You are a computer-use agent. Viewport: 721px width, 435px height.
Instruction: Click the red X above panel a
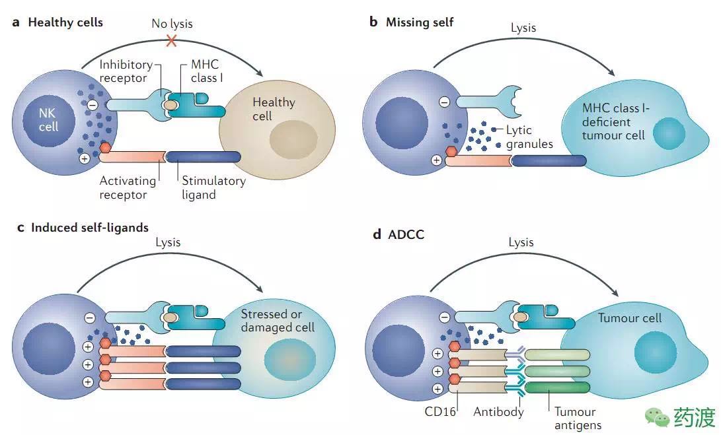click(x=172, y=41)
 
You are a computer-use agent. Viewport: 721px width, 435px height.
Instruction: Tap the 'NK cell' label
click(x=48, y=119)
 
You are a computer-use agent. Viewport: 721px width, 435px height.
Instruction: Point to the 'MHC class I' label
click(x=209, y=71)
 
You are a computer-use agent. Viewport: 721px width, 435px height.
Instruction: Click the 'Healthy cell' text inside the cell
click(x=273, y=109)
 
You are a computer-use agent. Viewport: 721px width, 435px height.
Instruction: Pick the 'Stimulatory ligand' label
click(x=213, y=187)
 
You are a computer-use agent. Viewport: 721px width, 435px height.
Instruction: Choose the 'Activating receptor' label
click(x=128, y=187)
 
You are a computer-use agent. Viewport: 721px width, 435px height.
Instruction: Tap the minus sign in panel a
click(x=93, y=104)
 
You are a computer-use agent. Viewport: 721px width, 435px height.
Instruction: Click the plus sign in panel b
click(x=436, y=159)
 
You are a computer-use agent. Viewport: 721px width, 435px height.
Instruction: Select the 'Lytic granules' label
click(x=529, y=137)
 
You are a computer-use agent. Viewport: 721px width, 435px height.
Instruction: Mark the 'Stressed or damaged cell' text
click(x=277, y=320)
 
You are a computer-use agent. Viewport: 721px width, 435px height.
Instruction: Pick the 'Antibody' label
click(x=498, y=411)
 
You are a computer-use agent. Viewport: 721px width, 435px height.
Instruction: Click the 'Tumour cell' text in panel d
click(x=629, y=318)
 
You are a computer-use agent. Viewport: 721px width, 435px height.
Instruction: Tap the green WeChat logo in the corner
click(x=657, y=417)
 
